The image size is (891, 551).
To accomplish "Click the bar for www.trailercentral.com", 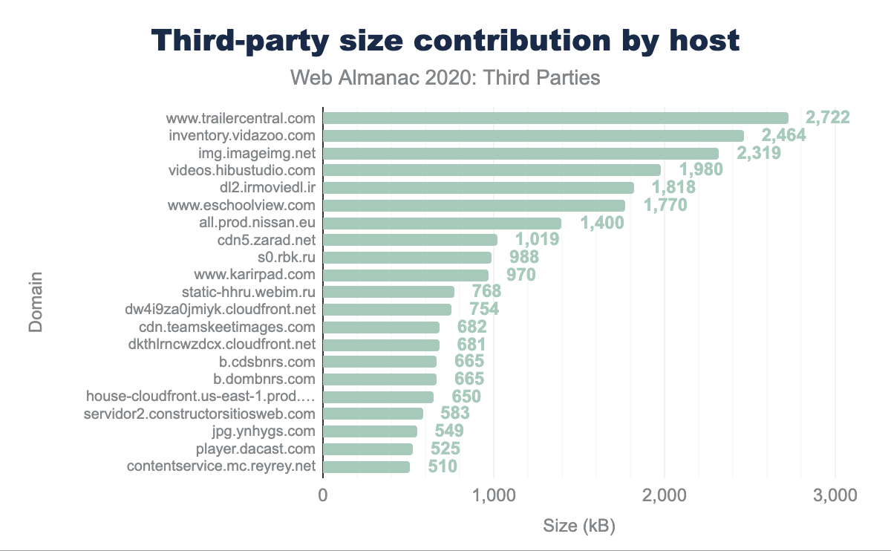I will (x=555, y=118).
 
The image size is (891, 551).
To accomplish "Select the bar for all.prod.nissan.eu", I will (x=443, y=223).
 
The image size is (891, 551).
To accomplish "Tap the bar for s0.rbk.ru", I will (x=408, y=258).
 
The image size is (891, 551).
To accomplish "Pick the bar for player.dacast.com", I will (x=368, y=449).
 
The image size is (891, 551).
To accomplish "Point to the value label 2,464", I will (x=786, y=135).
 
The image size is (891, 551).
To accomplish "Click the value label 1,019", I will (x=538, y=240).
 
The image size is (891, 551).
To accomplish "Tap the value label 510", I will (x=442, y=466).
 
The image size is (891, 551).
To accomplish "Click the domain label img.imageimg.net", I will (x=257, y=153).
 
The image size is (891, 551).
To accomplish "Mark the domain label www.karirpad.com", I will (x=255, y=275).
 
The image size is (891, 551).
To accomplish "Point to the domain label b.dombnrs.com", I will (x=264, y=379).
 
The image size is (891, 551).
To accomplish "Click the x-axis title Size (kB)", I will (x=579, y=526).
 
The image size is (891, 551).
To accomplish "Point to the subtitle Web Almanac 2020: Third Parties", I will (x=445, y=77).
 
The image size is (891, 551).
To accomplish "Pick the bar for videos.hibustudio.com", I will (x=492, y=170).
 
